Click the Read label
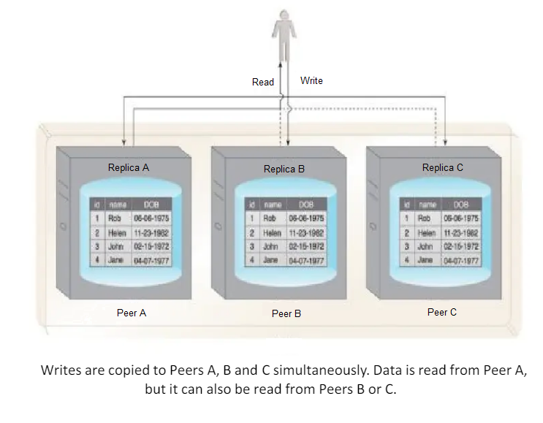click(262, 82)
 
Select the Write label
click(311, 80)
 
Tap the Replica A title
click(129, 167)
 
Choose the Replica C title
click(443, 167)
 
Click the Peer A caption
click(132, 313)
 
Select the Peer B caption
click(286, 313)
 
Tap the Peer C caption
click(442, 312)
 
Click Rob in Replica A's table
click(113, 218)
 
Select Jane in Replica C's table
click(425, 259)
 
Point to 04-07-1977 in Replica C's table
click(462, 259)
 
